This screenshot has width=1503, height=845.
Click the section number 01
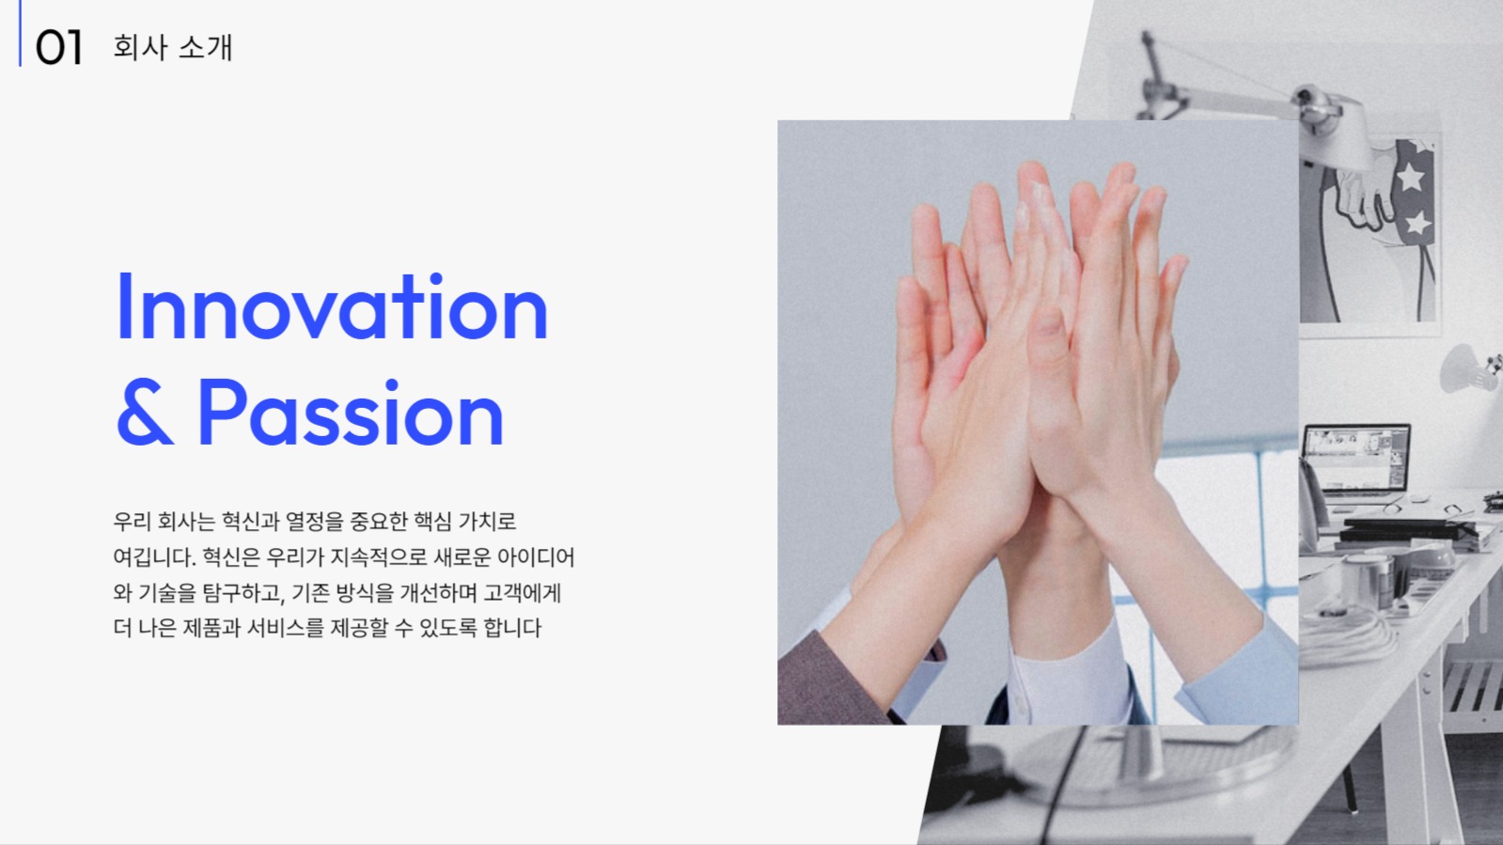58,47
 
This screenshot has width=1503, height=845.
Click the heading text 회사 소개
172,47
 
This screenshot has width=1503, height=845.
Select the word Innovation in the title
331,307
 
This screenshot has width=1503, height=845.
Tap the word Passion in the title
350,414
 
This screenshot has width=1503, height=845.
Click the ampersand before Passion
144,414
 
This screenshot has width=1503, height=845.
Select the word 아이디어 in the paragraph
536,557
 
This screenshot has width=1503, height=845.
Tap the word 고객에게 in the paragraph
522,593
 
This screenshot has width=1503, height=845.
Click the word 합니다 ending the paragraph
512,628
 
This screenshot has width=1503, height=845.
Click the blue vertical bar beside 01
20,33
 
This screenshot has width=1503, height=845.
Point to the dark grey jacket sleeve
827,681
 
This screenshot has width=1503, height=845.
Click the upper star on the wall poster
1411,176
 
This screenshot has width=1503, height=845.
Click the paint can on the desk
1370,574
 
